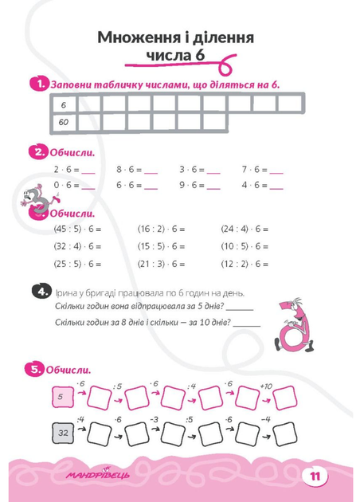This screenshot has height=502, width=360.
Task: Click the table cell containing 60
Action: pos(64,122)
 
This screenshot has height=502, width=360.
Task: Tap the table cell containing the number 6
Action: pos(64,104)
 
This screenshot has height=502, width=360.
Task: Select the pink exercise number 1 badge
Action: pos(39,84)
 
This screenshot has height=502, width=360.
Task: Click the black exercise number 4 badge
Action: pos(41,292)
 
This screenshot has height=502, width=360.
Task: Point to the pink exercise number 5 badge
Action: pos(34,370)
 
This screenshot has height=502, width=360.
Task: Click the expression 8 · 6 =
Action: pos(129,170)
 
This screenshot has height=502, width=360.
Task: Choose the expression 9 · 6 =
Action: pos(192,186)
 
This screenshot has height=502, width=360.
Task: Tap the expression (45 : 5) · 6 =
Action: pos(77,229)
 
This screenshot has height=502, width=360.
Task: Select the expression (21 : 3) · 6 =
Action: pos(161,264)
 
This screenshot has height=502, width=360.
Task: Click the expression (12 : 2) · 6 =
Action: pos(245,264)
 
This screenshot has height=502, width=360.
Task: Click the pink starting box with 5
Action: pos(62,397)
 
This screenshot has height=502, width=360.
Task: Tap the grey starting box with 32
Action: pos(63,433)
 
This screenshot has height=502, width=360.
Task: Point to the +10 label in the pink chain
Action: pos(266,386)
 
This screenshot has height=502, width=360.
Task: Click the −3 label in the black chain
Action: pos(154,419)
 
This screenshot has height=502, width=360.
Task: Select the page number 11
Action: pos(315,477)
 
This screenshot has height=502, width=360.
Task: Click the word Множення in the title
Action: pos(139,37)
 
